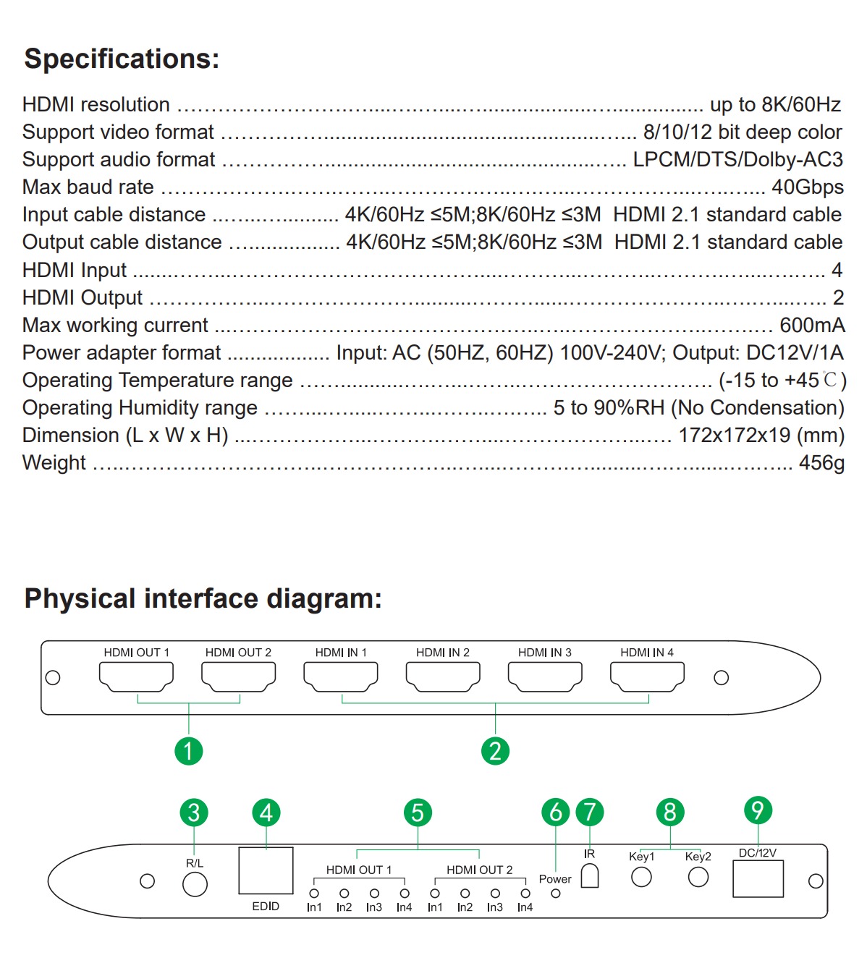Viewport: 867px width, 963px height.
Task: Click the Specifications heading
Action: click(122, 59)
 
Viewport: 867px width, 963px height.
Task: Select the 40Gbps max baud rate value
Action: click(808, 187)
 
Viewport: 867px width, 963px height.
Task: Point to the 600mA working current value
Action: click(812, 325)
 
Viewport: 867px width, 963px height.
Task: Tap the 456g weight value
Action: click(821, 463)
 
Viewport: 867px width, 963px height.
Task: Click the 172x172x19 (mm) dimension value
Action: click(761, 436)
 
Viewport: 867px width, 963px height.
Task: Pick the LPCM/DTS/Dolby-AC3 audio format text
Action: click(737, 160)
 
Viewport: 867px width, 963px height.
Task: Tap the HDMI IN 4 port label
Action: click(646, 653)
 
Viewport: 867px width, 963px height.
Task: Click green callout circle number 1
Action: click(188, 751)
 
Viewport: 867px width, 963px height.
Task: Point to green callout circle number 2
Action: click(495, 751)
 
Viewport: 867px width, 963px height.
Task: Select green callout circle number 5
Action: click(418, 813)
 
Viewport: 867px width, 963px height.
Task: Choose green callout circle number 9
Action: click(758, 810)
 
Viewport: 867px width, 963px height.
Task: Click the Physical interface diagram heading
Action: click(203, 598)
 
